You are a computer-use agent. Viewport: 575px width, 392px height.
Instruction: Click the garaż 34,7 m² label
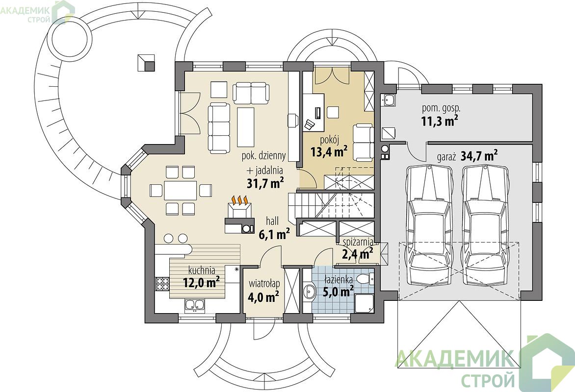467,156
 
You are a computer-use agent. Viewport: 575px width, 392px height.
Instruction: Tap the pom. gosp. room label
441,108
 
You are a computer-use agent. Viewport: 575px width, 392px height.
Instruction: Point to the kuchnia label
201,271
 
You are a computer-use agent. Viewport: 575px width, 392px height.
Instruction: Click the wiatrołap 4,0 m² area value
263,296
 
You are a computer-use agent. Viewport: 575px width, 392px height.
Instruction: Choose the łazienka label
339,280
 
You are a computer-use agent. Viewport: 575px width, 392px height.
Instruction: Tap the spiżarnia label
358,242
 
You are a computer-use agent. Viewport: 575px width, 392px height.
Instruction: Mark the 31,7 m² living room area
266,183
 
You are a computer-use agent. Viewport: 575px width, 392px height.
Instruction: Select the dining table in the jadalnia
181,190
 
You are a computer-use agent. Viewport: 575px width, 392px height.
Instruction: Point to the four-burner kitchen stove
162,284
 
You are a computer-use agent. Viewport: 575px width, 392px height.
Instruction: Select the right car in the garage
486,225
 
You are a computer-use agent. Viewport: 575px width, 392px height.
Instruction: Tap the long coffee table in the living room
246,127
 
